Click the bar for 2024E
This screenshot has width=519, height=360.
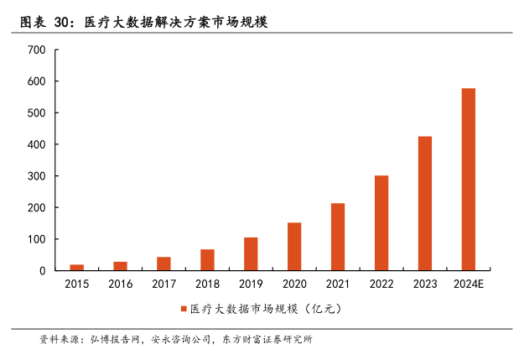(x=468, y=180)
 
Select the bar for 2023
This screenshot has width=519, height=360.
(x=425, y=203)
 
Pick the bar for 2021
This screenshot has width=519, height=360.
(x=338, y=237)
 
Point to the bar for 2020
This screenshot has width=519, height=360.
(x=294, y=246)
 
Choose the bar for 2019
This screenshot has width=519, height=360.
(x=251, y=253)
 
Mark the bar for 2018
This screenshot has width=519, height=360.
(x=207, y=260)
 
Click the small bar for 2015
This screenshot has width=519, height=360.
(x=76, y=267)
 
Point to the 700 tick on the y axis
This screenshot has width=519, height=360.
(x=36, y=50)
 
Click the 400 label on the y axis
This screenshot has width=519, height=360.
(x=36, y=144)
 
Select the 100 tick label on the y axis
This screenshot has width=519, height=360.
(x=36, y=239)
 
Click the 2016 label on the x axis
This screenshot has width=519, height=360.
(x=120, y=284)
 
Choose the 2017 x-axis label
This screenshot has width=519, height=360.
(x=163, y=284)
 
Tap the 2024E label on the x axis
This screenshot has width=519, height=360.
(x=468, y=284)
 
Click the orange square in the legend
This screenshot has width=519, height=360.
(x=183, y=309)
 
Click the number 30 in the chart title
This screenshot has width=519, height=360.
(x=63, y=22)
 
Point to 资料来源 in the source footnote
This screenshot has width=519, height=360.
(x=56, y=340)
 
